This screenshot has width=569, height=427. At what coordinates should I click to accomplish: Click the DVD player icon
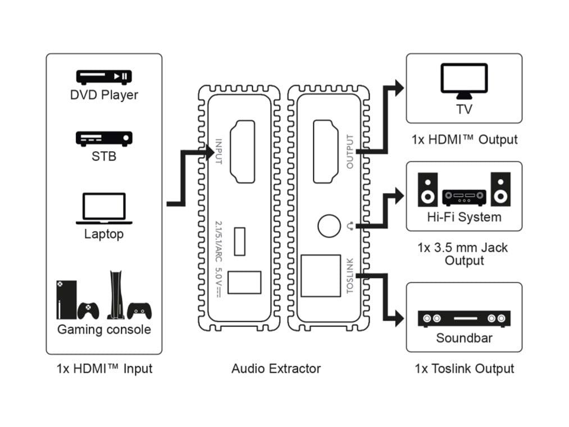pyautogui.click(x=104, y=77)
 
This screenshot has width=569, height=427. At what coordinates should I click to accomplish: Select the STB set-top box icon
pyautogui.click(x=104, y=138)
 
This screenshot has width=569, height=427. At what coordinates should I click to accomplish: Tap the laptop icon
pyautogui.click(x=104, y=208)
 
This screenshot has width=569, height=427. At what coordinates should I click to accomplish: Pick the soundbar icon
pyautogui.click(x=464, y=319)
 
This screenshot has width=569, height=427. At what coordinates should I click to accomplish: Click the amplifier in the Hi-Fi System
pyautogui.click(x=464, y=197)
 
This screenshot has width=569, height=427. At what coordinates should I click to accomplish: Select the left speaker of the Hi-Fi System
pyautogui.click(x=428, y=189)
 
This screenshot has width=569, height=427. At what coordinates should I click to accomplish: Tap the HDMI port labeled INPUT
pyautogui.click(x=243, y=151)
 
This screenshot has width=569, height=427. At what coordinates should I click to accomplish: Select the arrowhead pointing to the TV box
pyautogui.click(x=399, y=87)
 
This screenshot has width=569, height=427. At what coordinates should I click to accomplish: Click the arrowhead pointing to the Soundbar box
pyautogui.click(x=399, y=319)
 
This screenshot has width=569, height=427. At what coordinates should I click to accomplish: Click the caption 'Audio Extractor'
pyautogui.click(x=276, y=369)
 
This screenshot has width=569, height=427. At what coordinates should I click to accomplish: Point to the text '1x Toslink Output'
pyautogui.click(x=464, y=369)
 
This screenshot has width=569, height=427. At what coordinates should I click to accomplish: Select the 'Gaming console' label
pyautogui.click(x=104, y=329)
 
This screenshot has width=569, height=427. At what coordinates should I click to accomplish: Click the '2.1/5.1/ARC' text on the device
pyautogui.click(x=219, y=238)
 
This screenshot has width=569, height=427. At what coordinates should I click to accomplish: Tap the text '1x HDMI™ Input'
pyautogui.click(x=104, y=369)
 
